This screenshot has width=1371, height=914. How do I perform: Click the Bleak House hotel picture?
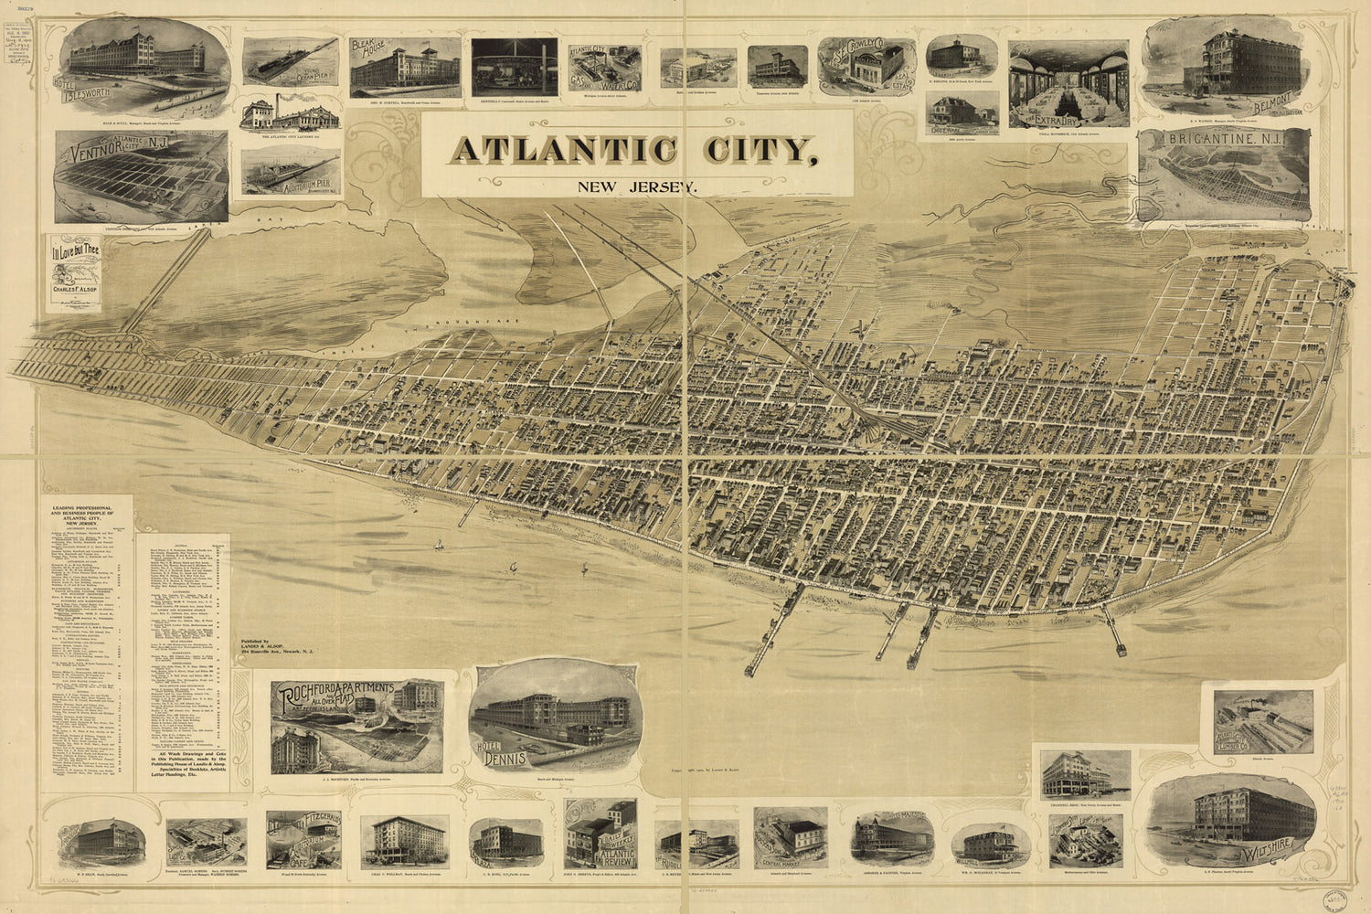point(402,69)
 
